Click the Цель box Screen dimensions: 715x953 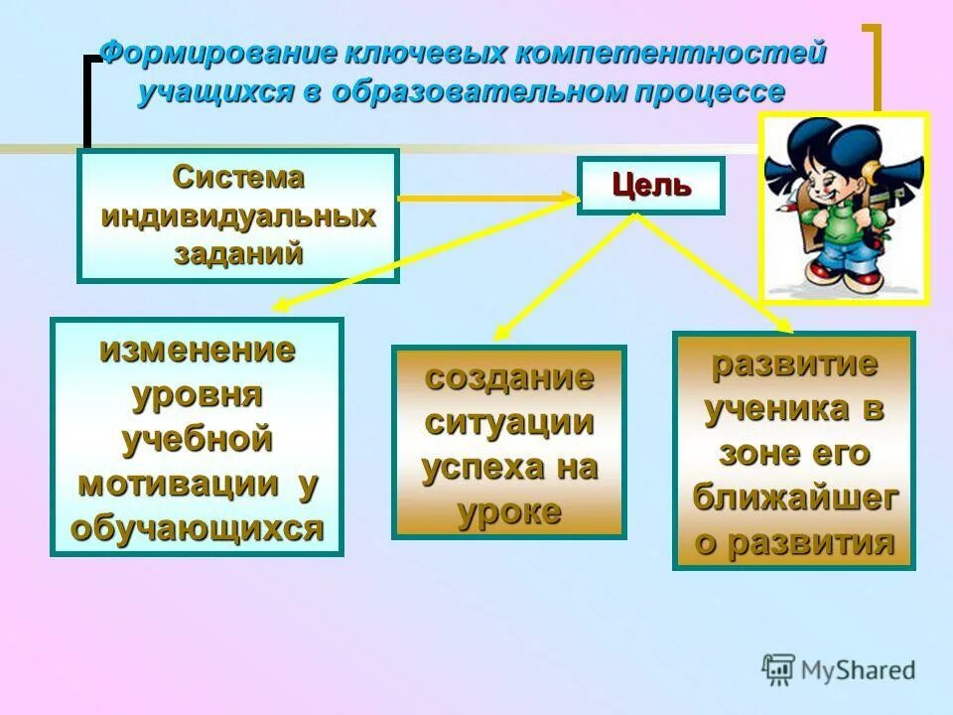pyautogui.click(x=651, y=186)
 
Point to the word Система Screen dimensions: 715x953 pyautogui.click(x=238, y=179)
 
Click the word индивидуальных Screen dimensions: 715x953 pyautogui.click(x=238, y=215)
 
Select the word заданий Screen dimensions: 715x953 pyautogui.click(x=238, y=253)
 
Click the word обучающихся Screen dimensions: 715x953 pyautogui.click(x=197, y=528)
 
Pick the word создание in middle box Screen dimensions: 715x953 pyautogui.click(x=509, y=377)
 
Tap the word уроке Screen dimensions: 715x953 pyautogui.click(x=509, y=511)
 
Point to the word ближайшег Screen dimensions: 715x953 pyautogui.click(x=794, y=498)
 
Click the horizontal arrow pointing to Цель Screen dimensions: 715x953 pyautogui.click(x=486, y=199)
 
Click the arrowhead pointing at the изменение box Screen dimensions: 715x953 pyautogui.click(x=282, y=307)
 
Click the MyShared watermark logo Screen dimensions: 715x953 pyautogui.click(x=839, y=669)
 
